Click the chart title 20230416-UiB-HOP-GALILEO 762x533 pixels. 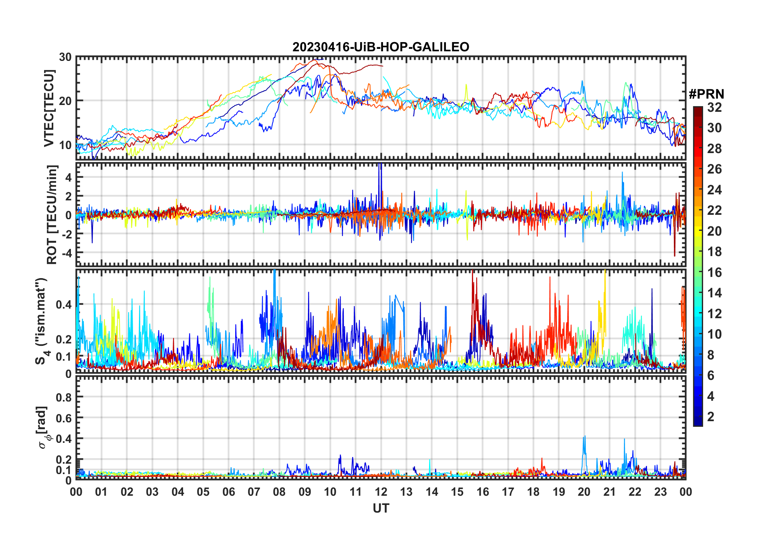click(381, 47)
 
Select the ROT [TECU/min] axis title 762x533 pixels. click(52, 214)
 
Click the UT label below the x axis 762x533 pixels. click(381, 508)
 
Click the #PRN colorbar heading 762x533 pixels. click(706, 94)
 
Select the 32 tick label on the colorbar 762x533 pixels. click(714, 107)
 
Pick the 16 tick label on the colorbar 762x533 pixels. click(714, 273)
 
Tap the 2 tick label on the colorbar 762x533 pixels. click(711, 417)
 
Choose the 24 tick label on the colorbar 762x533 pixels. click(714, 190)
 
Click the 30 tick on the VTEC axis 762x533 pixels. click(65, 57)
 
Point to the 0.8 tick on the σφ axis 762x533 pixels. click(64, 397)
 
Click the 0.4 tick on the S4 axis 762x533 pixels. click(64, 304)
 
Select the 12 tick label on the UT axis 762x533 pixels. click(381, 492)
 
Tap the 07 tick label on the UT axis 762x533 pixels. click(254, 492)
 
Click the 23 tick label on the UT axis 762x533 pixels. click(660, 492)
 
